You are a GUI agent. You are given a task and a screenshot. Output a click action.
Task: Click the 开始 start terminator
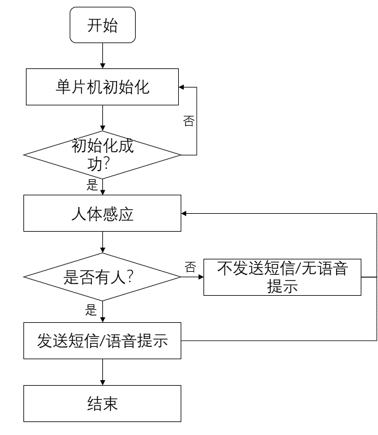[102, 26]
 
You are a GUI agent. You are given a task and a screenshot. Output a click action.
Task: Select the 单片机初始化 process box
[102, 87]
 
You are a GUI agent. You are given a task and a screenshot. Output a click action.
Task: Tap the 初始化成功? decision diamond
[102, 154]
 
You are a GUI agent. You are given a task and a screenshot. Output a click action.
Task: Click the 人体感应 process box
[102, 214]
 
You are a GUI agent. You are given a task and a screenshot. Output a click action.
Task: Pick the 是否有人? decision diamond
[102, 277]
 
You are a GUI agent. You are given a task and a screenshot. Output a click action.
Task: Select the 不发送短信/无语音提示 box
[282, 277]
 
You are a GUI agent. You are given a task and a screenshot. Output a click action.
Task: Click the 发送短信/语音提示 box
[102, 341]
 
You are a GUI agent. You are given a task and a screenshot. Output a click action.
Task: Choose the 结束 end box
[102, 404]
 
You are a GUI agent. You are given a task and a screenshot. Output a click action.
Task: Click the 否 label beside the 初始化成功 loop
[189, 121]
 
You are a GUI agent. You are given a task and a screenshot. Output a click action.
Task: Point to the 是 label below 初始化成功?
[92, 185]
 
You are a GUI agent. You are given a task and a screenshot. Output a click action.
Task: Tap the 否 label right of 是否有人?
[191, 267]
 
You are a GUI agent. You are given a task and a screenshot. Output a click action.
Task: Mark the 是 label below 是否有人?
[91, 310]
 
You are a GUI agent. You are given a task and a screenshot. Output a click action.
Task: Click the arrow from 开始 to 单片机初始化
[102, 55]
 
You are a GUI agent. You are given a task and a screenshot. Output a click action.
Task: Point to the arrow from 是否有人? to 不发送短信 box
[192, 277]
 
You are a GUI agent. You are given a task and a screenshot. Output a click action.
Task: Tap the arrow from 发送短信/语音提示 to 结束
[102, 372]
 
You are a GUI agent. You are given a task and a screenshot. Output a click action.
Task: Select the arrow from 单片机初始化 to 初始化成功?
[102, 118]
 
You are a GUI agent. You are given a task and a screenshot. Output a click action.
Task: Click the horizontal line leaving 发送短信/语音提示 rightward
[277, 341]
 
